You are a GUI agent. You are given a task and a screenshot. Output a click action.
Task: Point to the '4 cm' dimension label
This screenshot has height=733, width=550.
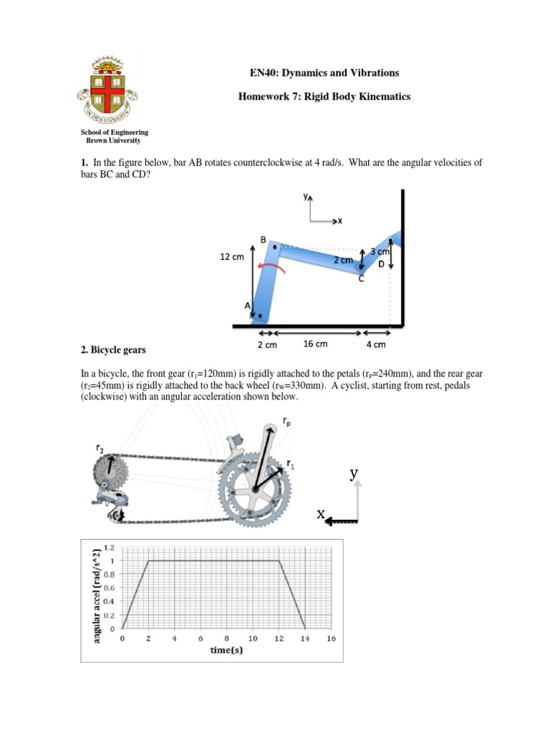(x=375, y=344)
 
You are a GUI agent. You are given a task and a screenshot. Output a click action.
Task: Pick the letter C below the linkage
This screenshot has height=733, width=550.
(x=361, y=279)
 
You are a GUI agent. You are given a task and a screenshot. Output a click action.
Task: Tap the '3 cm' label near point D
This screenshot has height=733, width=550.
(x=380, y=252)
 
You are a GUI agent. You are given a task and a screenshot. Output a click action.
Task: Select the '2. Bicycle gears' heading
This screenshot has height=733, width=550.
(x=113, y=350)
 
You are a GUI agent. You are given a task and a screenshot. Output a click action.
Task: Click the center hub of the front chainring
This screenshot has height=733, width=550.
(x=252, y=490)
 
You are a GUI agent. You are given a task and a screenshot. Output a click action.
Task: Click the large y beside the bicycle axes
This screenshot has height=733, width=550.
(x=354, y=473)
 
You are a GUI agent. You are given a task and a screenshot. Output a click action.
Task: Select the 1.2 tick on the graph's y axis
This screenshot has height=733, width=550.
(x=109, y=548)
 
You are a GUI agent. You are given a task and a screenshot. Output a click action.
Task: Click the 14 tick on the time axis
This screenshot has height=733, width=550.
(x=304, y=639)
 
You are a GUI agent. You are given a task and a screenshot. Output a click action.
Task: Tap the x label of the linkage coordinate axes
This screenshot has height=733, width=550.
(x=339, y=221)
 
